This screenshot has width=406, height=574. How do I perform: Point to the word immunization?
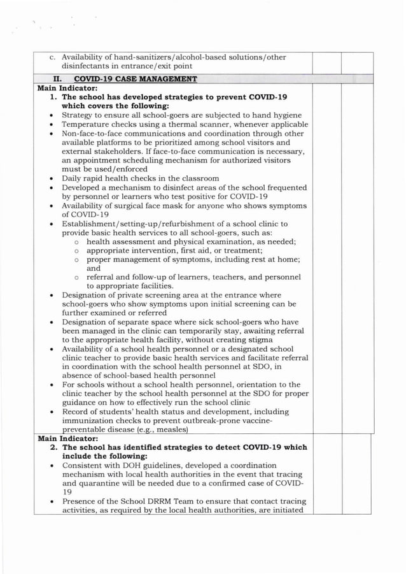pyautogui.click(x=91, y=420)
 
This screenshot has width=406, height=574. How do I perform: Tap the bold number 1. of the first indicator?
pyautogui.click(x=54, y=97)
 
